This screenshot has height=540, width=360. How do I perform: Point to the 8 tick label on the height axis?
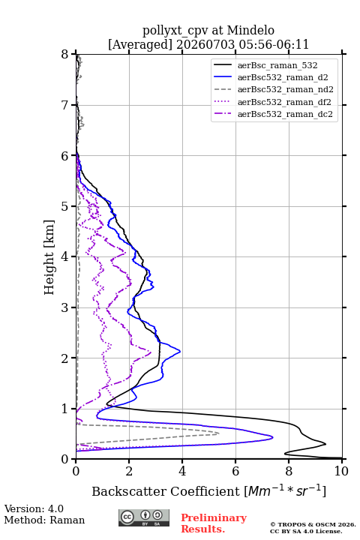pos(65,55)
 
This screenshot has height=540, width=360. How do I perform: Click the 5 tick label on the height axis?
pos(65,206)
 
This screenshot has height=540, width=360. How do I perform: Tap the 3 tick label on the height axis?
pos(65,307)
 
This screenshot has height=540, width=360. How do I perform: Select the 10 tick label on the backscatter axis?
pos(341,471)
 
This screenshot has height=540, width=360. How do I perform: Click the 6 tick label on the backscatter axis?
pos(235,471)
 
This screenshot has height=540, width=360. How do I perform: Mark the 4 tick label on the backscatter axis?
pos(182,471)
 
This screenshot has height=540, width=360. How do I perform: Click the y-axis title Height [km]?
pos(49,257)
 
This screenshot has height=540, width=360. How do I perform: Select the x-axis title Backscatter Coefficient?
pos(166,491)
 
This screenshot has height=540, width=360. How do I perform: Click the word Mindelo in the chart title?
pos(250,30)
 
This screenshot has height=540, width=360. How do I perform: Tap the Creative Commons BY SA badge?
pos(144,518)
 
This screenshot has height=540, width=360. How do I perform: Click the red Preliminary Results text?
pos(214,523)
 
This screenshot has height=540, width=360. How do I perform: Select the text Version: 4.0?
pos(34,508)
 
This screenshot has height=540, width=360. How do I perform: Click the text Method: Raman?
pos(44,520)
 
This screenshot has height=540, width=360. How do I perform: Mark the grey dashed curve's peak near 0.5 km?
pos(219,433)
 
